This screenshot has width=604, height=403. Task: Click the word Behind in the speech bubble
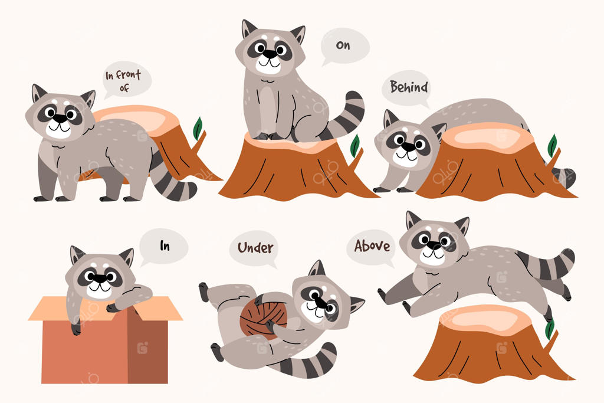[x=409, y=87]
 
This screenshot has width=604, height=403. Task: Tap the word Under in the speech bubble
[x=255, y=248]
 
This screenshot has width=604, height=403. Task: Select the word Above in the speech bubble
[x=372, y=246]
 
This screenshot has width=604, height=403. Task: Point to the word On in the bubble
[x=343, y=45]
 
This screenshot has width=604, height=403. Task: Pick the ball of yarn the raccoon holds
[x=264, y=315]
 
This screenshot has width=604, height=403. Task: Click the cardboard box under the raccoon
[x=105, y=339]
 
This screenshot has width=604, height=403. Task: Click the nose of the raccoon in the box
[x=100, y=278]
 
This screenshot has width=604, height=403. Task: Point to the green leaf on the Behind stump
[x=552, y=146]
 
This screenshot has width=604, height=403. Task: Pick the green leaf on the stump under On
[x=354, y=146]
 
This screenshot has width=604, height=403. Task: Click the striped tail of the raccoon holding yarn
[x=306, y=362]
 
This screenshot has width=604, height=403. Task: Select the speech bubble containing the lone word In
[x=163, y=247]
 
